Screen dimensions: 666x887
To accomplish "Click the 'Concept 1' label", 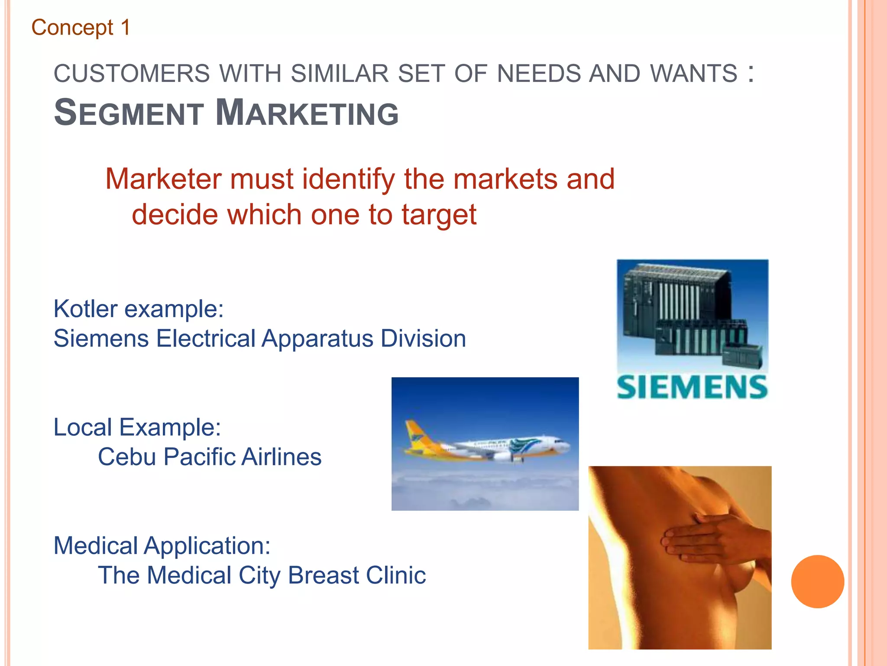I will pyautogui.click(x=81, y=28).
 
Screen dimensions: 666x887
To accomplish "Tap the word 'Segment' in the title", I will pyautogui.click(x=129, y=113).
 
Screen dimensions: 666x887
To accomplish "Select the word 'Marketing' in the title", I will pyautogui.click(x=307, y=113).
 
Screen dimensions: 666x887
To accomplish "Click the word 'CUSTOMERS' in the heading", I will pyautogui.click(x=132, y=73).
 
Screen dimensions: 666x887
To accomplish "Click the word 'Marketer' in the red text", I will pyautogui.click(x=163, y=179).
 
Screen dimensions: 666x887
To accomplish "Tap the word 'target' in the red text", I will pyautogui.click(x=439, y=215).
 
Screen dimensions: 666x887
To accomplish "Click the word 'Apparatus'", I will pyautogui.click(x=317, y=338).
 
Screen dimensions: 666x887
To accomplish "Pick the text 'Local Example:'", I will pyautogui.click(x=137, y=427).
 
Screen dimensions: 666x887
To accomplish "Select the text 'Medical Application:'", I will pyautogui.click(x=162, y=545).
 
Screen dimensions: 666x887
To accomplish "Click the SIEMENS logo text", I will pyautogui.click(x=692, y=387).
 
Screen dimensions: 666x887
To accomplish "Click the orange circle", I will pyautogui.click(x=817, y=581).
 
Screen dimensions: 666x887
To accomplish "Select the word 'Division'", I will pyautogui.click(x=423, y=338).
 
